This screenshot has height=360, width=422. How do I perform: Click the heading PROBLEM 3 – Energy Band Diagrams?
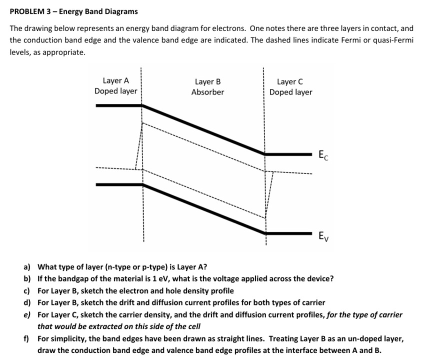pyautogui.click(x=73, y=11)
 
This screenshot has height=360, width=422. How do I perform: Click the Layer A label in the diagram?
pyautogui.click(x=115, y=80)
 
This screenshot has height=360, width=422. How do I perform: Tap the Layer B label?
pyautogui.click(x=207, y=81)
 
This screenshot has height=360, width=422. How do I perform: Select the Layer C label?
pyautogui.click(x=290, y=81)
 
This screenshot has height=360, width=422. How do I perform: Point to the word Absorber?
pyautogui.click(x=207, y=92)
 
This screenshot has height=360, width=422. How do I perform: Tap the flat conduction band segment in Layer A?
pyautogui.click(x=119, y=105)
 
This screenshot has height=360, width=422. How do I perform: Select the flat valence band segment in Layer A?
pyautogui.click(x=119, y=184)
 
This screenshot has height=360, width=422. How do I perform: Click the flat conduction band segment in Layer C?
pyautogui.click(x=289, y=154)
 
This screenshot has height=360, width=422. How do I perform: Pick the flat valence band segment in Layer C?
pyautogui.click(x=289, y=233)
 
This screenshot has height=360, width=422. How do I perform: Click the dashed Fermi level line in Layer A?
pyautogui.click(x=115, y=168)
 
